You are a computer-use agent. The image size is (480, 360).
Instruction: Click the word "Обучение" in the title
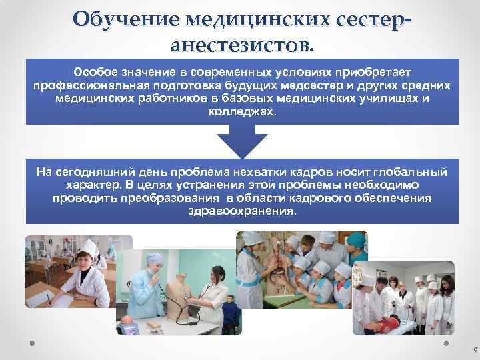[x=125, y=19]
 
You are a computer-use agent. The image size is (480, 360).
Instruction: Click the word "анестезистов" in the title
[x=239, y=45]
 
